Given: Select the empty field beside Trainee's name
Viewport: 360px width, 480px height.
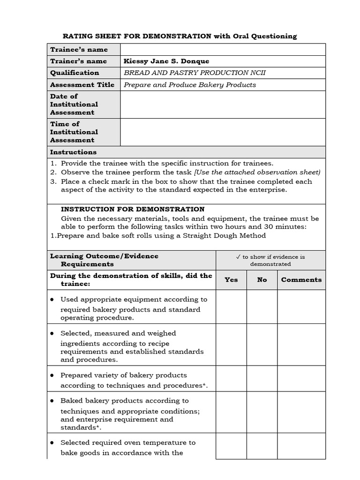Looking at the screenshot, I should click(x=223, y=49).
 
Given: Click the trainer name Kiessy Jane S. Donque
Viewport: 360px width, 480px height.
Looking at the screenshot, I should click(x=166, y=61).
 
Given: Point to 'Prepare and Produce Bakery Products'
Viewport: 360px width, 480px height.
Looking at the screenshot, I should click(x=189, y=85).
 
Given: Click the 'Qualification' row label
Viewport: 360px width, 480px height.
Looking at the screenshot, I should click(x=75, y=73).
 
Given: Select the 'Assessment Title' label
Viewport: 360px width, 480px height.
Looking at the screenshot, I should click(x=82, y=85).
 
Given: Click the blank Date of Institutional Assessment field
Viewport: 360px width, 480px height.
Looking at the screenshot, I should click(x=223, y=104).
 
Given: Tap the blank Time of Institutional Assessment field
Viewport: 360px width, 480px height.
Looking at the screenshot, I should click(x=223, y=132).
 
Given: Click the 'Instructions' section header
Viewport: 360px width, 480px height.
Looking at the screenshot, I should click(x=73, y=152).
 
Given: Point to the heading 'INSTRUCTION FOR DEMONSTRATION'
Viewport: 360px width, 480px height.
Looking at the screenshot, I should click(x=133, y=209).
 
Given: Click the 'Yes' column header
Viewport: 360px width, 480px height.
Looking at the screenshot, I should click(x=231, y=279).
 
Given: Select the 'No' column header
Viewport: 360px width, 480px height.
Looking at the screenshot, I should click(x=262, y=279).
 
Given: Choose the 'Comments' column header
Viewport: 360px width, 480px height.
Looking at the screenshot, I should click(x=301, y=279).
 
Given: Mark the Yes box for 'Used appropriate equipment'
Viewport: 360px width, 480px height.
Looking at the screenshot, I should click(x=231, y=307).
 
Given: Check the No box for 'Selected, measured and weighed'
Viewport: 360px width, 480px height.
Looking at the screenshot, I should click(x=262, y=345).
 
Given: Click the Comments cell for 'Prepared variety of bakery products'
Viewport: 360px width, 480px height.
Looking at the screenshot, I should click(x=301, y=379).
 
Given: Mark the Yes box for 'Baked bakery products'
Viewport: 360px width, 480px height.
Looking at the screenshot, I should click(x=231, y=412).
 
